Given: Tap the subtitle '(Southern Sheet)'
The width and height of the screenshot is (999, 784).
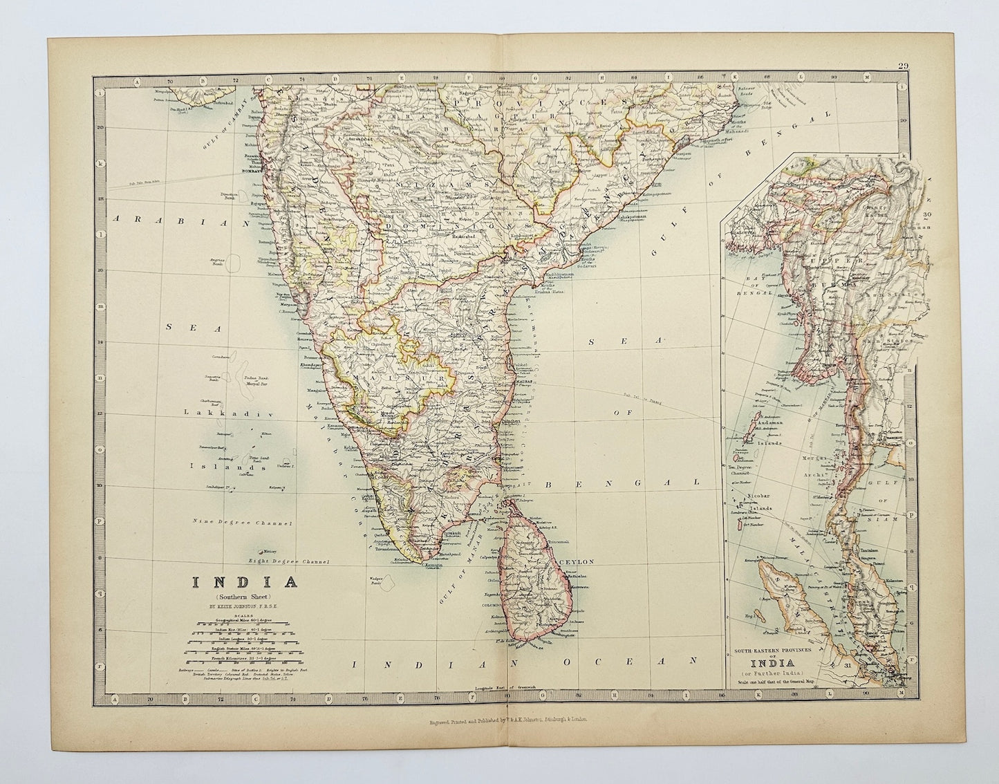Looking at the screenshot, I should (245, 596).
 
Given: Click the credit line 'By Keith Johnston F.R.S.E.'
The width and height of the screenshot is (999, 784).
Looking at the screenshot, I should (245, 606).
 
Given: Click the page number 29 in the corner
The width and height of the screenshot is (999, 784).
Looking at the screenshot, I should (903, 66).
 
